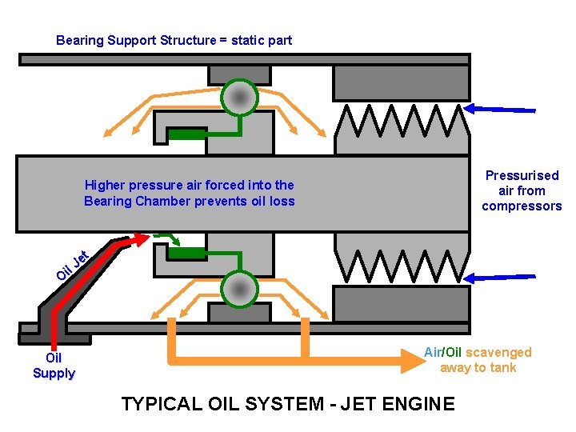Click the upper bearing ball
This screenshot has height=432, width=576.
tap(238, 98)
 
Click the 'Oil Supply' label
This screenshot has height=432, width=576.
tap(54, 366)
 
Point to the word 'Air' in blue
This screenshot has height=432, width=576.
tap(432, 353)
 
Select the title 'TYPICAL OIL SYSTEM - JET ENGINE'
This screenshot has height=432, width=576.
tap(287, 404)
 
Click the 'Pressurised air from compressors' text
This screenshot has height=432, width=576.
tap(522, 190)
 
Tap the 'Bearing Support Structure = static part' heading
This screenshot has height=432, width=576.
tap(174, 40)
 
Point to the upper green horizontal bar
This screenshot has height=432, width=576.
tap(191, 134)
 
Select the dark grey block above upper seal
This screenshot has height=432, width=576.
tap(401, 83)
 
